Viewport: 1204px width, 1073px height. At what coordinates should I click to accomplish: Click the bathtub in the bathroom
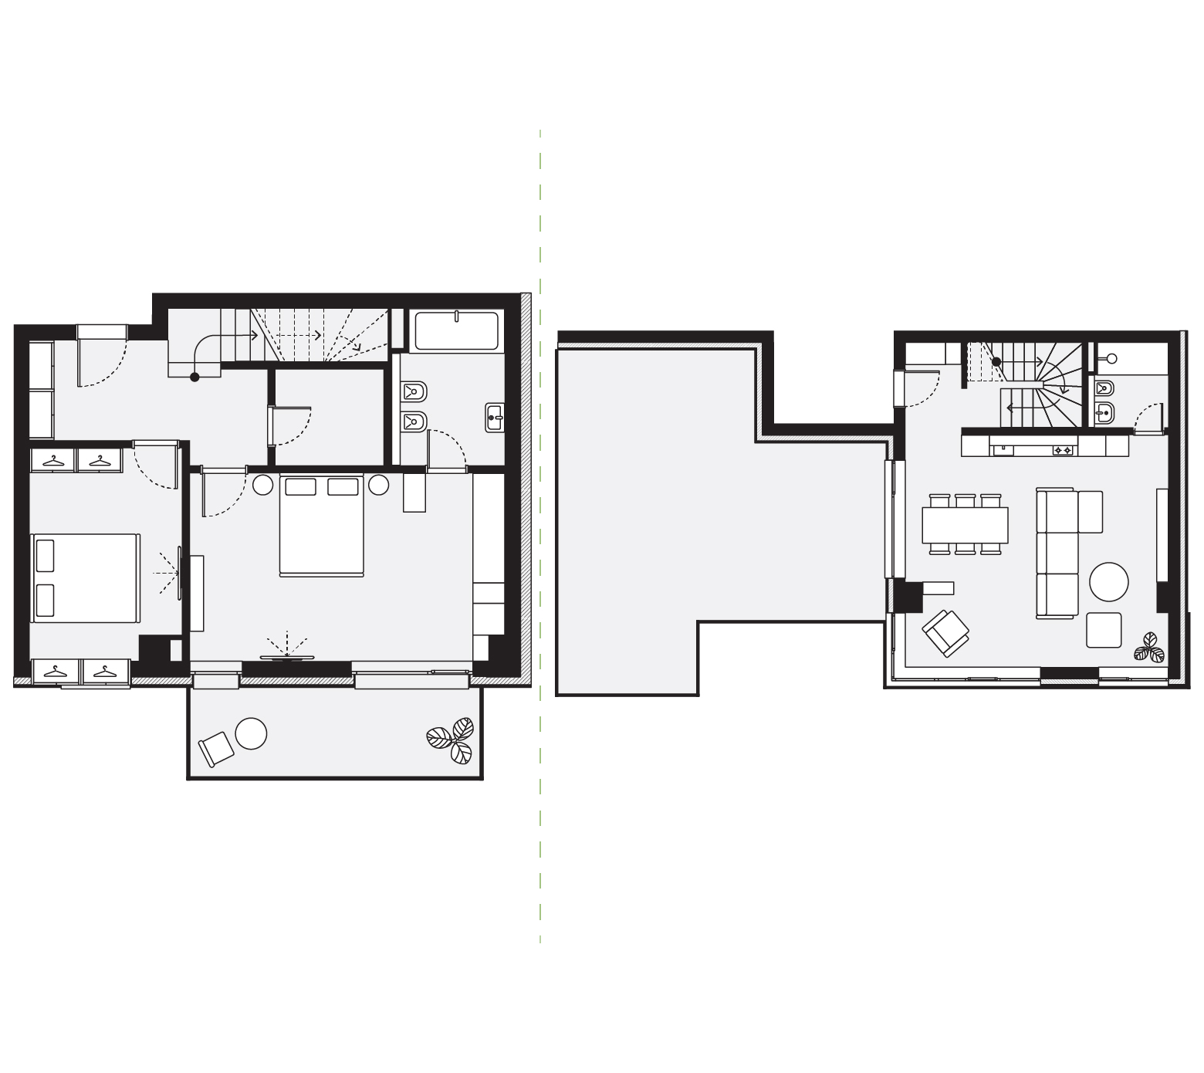tap(457, 331)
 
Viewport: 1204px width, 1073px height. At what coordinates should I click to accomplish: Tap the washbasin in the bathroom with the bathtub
tap(495, 418)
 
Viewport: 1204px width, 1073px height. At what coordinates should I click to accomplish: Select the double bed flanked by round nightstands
tap(321, 526)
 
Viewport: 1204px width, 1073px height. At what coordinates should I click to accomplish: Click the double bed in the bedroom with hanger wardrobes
tap(85, 577)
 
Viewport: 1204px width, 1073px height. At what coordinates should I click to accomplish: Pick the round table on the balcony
tap(251, 733)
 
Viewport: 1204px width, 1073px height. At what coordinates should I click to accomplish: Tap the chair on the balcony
tap(215, 749)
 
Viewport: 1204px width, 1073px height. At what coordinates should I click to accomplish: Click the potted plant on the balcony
tap(451, 740)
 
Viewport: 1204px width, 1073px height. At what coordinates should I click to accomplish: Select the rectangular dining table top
tap(965, 525)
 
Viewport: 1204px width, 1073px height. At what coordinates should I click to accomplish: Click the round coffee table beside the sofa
tap(1109, 581)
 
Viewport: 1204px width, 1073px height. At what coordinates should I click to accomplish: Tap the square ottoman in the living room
tap(1104, 630)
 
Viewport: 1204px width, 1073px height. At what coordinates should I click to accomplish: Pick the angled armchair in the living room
tap(945, 632)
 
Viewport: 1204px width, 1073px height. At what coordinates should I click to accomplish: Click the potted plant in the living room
tap(1149, 648)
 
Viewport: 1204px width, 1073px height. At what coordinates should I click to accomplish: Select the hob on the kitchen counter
tap(1063, 449)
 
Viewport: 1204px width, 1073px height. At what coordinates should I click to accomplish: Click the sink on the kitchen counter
tap(1003, 448)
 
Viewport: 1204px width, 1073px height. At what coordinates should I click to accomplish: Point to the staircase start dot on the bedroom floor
tap(194, 377)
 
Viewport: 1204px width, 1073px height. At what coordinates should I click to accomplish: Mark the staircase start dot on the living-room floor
tap(996, 361)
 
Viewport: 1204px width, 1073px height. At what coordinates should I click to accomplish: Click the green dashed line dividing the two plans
tap(540, 540)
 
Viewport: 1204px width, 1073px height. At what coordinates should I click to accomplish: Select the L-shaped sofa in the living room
tap(1057, 552)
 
